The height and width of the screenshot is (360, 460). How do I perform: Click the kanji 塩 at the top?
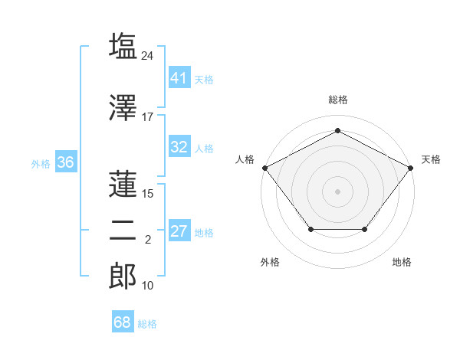123,46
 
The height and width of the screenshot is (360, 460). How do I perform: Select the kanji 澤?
123,107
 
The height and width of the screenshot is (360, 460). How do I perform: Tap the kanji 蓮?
123,184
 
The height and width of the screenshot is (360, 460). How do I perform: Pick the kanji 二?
123,231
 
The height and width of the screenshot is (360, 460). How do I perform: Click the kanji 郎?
123,276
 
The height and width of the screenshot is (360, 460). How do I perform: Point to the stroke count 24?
147,56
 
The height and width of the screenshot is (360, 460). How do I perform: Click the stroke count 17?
147,117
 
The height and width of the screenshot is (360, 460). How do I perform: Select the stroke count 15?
147,194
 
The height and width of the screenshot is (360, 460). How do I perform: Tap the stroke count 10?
147,285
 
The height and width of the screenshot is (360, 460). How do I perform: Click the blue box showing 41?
180,77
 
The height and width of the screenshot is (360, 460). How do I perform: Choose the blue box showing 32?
180,146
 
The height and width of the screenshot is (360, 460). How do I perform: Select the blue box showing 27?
180,230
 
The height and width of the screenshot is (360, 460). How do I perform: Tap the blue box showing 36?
66,162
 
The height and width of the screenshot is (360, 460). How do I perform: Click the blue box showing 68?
123,321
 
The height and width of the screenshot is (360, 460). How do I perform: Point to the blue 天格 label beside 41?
204,80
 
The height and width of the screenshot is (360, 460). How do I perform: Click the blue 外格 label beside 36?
41,164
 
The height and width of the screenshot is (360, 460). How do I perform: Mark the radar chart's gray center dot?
337,191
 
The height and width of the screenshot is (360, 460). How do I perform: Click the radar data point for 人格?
265,168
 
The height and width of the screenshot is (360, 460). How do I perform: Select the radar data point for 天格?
410,168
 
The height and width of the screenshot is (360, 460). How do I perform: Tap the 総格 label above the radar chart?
338,100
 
